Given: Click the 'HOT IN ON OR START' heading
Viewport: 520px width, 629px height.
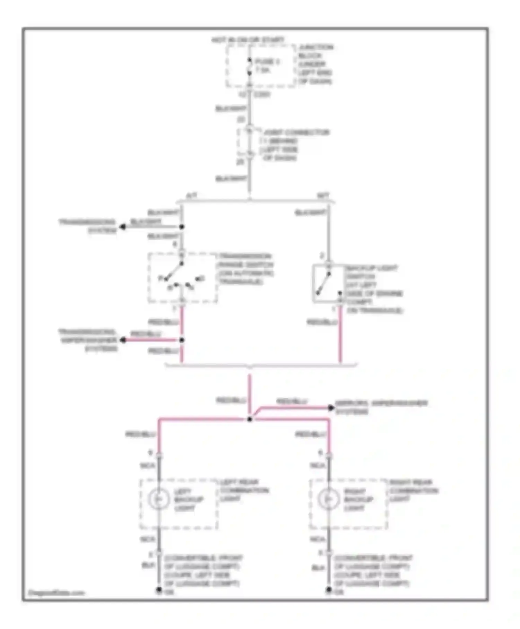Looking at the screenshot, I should (x=248, y=40).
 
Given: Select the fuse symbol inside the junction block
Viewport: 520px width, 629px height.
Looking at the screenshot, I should (x=249, y=66).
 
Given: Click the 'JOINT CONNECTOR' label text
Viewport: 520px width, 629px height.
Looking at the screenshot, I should (x=296, y=132).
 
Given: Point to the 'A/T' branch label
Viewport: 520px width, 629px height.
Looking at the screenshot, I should (x=192, y=196).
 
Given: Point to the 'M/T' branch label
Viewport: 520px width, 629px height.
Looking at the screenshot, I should (x=323, y=196).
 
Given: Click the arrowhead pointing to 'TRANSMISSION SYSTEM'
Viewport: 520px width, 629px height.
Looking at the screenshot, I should (x=122, y=227).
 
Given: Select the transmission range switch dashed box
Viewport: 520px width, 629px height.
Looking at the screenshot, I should (x=183, y=278).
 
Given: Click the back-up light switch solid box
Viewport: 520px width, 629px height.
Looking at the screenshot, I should (x=328, y=283).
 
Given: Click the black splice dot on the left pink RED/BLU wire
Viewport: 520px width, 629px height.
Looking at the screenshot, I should (x=182, y=340).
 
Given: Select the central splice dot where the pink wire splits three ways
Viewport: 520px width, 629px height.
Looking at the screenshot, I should (x=250, y=420).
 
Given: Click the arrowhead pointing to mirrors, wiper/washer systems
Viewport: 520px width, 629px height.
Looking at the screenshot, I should (x=331, y=408).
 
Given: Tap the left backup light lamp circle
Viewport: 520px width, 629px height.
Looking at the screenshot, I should (x=158, y=499).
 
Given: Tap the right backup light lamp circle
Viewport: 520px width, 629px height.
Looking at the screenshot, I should (x=328, y=499).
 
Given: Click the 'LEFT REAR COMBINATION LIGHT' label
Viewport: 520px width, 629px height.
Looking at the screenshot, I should (x=244, y=490).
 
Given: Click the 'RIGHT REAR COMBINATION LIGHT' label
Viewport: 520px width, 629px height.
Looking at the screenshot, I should (x=414, y=490).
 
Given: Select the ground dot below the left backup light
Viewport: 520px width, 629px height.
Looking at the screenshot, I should (x=159, y=589).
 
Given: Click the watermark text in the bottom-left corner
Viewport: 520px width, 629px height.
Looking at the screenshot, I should (x=56, y=593).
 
